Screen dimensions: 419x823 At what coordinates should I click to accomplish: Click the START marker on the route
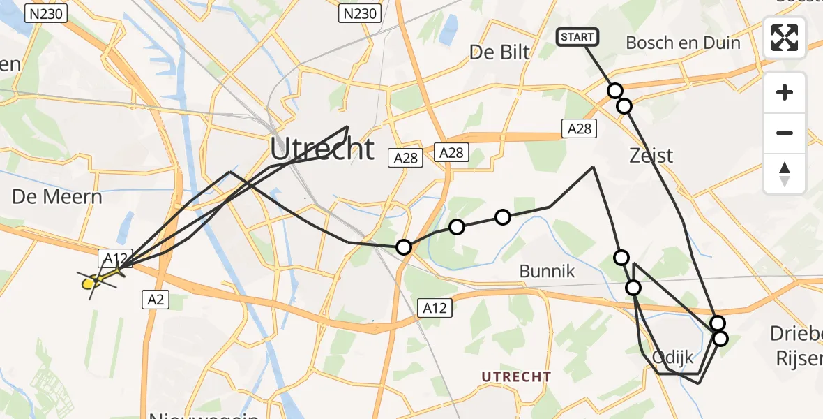(x=577, y=37)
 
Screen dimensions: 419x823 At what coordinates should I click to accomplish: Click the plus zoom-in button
(x=785, y=93)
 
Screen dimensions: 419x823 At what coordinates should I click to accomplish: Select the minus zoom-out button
(x=785, y=133)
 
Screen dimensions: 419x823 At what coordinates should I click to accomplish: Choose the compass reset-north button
(x=785, y=173)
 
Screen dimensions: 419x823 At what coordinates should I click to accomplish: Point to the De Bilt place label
(x=499, y=51)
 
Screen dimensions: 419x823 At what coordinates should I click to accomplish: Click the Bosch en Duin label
(x=683, y=43)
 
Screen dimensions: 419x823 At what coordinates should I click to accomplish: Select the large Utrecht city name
(x=322, y=149)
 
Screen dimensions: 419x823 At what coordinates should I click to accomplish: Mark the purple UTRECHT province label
(x=516, y=376)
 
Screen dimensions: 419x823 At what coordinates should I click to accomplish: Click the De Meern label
(x=57, y=196)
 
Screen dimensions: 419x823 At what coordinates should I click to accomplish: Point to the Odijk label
(x=672, y=358)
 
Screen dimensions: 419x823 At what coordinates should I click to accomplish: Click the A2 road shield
(x=155, y=300)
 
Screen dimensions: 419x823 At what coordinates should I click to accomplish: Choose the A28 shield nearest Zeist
(x=579, y=128)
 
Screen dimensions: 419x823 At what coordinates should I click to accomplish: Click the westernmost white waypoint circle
(x=403, y=247)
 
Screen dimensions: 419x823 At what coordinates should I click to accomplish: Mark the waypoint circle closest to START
(x=614, y=91)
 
